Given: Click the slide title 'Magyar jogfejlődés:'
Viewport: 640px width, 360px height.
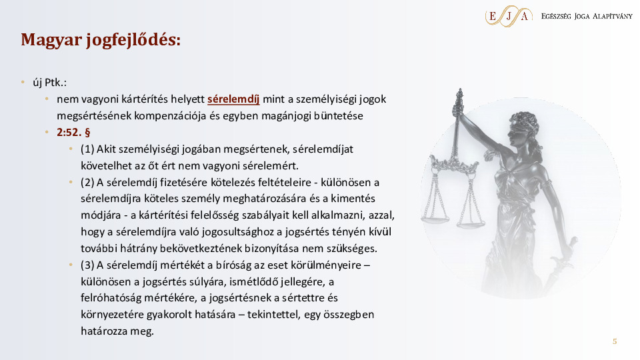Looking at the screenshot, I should coord(101,40).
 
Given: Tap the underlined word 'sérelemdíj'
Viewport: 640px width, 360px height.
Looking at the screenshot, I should coord(233,99).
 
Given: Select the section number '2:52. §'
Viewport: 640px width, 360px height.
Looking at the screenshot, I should coord(73,132).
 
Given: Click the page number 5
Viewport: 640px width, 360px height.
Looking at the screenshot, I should coord(615,341).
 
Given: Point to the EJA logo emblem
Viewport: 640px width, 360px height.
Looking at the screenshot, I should coord(509,16).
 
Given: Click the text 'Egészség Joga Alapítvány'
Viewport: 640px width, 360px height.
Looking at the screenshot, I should coord(587,16).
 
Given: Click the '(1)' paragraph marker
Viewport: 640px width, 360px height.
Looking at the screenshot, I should coord(87,149).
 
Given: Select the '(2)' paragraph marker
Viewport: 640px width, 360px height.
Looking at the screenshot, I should coord(87,182).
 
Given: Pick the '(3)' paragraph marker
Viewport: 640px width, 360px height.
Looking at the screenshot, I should coord(87,265).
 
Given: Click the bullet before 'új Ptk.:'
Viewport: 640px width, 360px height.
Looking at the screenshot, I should coord(23,83).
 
